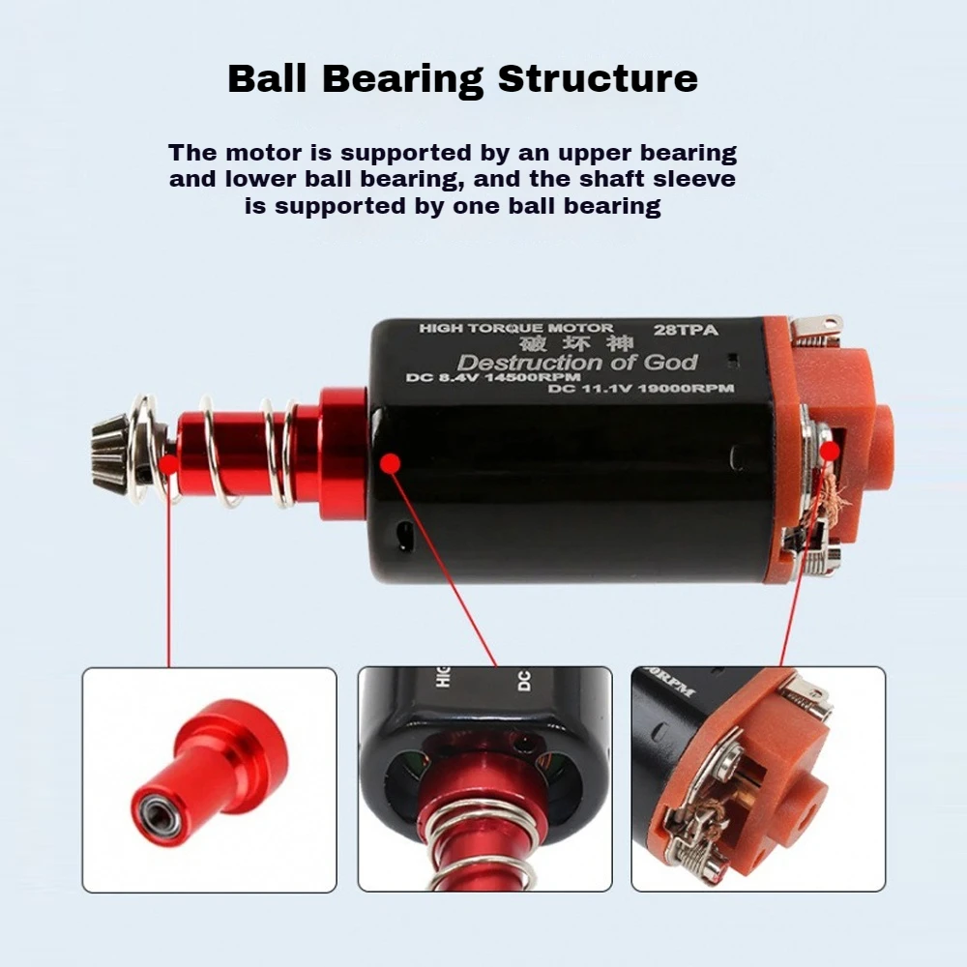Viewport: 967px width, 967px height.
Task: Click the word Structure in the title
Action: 598,78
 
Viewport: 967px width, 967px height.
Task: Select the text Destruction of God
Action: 576,364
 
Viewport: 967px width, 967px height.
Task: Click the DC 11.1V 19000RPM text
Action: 640,389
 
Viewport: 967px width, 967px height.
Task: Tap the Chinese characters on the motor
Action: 575,344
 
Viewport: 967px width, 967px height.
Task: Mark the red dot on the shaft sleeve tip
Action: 168,464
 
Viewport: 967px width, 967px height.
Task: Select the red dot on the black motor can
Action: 390,463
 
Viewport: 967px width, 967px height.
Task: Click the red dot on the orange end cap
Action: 830,451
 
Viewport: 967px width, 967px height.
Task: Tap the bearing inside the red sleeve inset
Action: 154,808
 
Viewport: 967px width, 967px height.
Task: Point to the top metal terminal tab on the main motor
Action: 816,327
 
